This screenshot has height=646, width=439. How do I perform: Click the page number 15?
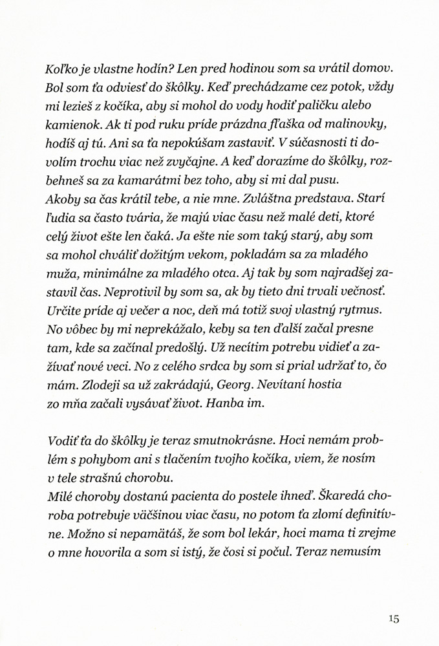coord(395,618)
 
